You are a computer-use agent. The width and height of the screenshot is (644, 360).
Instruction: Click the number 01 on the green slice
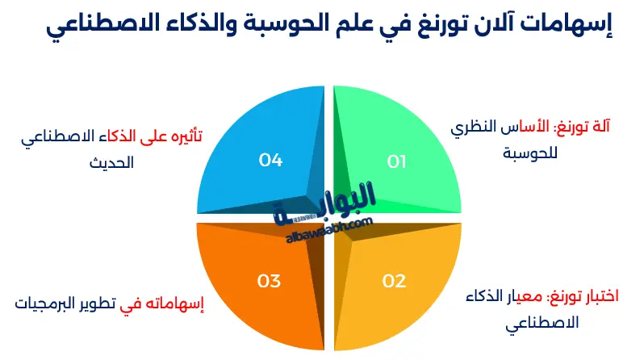(x=396, y=161)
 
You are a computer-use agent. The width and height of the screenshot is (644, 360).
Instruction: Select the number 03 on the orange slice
(x=269, y=282)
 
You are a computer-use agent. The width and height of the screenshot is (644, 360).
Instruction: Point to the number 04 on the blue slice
(x=270, y=161)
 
